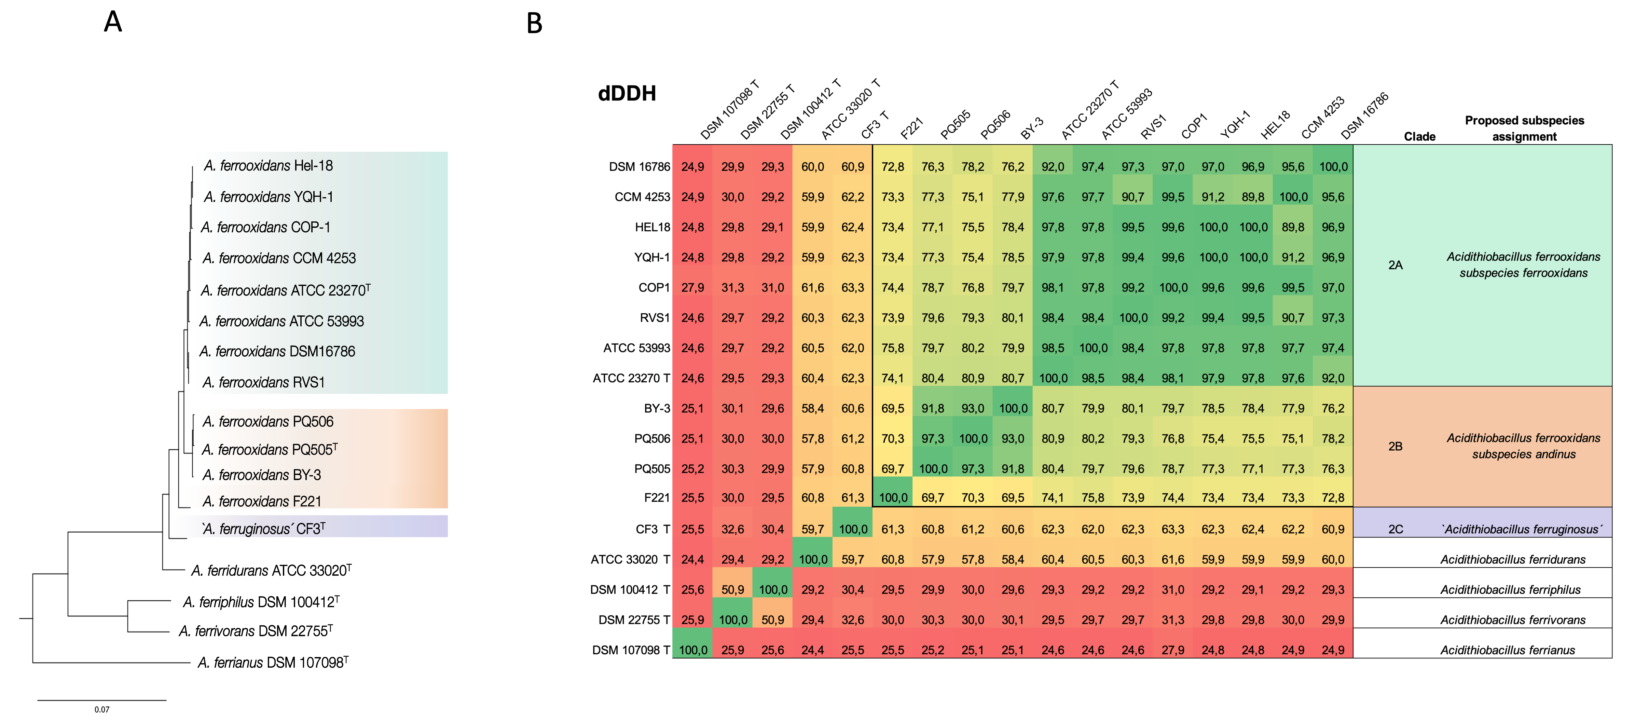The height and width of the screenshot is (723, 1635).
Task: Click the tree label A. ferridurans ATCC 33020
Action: pyautogui.click(x=271, y=570)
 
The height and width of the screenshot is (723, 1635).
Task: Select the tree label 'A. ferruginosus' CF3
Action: pyautogui.click(x=263, y=528)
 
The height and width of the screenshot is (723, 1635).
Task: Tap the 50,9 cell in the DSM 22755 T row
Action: pyautogui.click(x=772, y=619)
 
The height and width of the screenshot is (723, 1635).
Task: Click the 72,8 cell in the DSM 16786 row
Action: pyautogui.click(x=892, y=166)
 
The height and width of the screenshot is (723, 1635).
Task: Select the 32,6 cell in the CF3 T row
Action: pyautogui.click(x=732, y=529)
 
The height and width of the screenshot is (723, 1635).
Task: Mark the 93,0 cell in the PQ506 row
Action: pyautogui.click(x=1013, y=438)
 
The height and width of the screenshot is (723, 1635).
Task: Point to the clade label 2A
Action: pyautogui.click(x=1395, y=265)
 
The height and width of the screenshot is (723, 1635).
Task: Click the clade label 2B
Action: pyautogui.click(x=1395, y=446)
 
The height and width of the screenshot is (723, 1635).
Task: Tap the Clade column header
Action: pyautogui.click(x=1419, y=136)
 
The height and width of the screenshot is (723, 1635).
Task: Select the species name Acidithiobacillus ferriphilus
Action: pyautogui.click(x=1510, y=590)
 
